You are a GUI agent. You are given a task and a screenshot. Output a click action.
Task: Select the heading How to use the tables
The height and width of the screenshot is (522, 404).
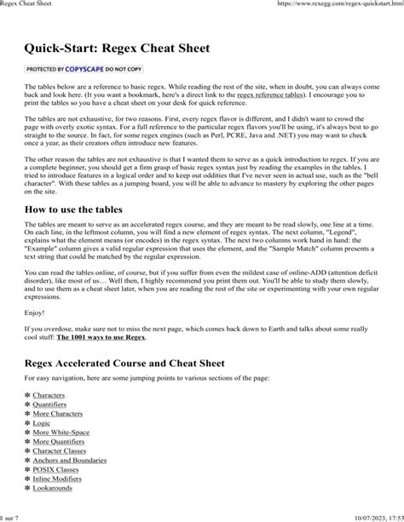tap(86, 209)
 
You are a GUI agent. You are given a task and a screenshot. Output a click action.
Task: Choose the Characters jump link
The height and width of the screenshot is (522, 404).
tap(49, 396)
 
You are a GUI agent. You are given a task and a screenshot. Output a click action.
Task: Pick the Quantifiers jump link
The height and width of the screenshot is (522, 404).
tap(51, 406)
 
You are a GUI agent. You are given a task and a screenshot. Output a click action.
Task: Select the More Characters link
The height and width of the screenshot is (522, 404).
tap(59, 416)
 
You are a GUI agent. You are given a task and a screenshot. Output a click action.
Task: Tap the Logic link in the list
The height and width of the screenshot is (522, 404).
tap(43, 427)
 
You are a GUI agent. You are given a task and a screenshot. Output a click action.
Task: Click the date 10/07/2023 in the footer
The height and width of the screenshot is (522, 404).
tap(363, 516)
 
